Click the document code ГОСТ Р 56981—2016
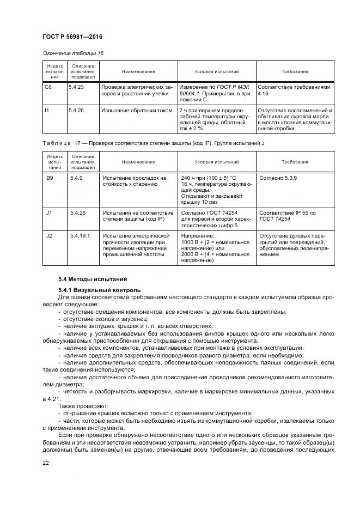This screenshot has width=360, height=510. point(72,36)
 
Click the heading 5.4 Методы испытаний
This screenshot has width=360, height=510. point(93,278)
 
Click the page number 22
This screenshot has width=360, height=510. point(45,463)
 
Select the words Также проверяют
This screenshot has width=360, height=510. point(84,405)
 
